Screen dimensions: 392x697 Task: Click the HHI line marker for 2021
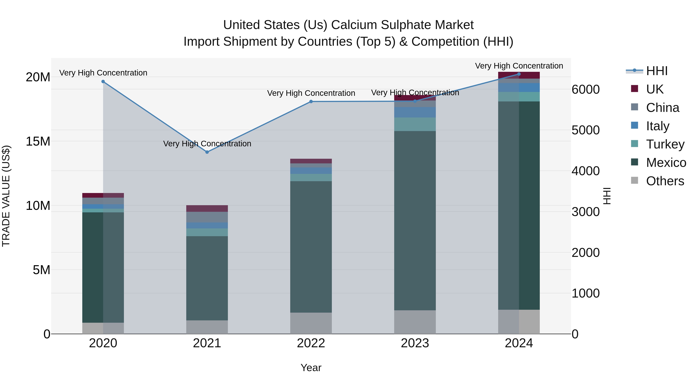pyautogui.click(x=207, y=152)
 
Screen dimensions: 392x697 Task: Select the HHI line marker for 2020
pyautogui.click(x=103, y=81)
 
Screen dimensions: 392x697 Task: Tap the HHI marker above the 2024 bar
pyautogui.click(x=519, y=74)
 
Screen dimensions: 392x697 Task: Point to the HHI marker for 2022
pyautogui.click(x=311, y=101)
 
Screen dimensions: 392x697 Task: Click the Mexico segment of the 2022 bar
pyautogui.click(x=311, y=246)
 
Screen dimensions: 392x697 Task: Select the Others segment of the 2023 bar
pyautogui.click(x=415, y=322)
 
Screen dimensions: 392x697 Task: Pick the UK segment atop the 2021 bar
pyautogui.click(x=207, y=208)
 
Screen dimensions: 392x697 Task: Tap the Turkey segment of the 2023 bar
pyautogui.click(x=415, y=124)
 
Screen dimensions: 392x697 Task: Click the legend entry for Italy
pyautogui.click(x=658, y=126)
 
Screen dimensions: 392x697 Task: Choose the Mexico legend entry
pyautogui.click(x=666, y=163)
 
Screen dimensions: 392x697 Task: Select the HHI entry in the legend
pyautogui.click(x=657, y=71)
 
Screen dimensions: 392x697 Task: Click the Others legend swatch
pyautogui.click(x=634, y=180)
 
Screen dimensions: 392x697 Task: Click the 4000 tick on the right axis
pyautogui.click(x=585, y=171)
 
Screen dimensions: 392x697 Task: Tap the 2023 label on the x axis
pyautogui.click(x=415, y=343)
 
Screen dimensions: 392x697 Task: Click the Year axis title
pyautogui.click(x=311, y=368)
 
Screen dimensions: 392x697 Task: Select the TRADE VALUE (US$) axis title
pyautogui.click(x=6, y=196)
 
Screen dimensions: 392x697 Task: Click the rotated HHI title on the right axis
pyautogui.click(x=607, y=196)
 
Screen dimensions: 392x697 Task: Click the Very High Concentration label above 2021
pyautogui.click(x=207, y=143)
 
